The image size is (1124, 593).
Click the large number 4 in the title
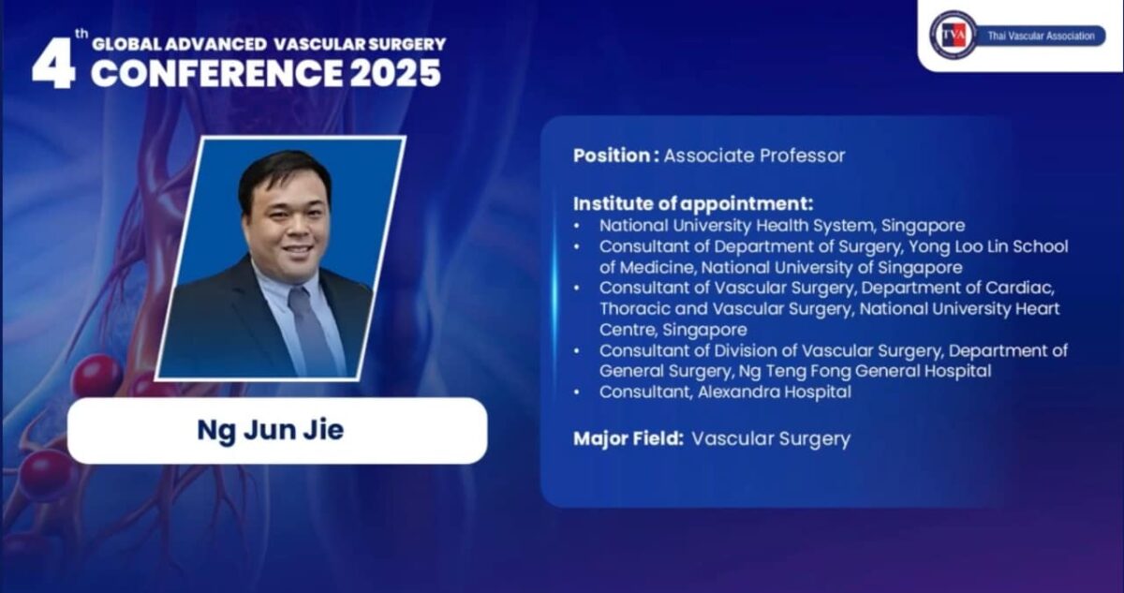click(x=52, y=64)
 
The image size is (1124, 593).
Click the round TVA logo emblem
click(x=953, y=35)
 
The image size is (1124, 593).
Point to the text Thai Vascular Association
click(x=1040, y=36)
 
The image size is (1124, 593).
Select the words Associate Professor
click(x=754, y=156)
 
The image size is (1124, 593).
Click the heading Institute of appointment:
click(x=693, y=203)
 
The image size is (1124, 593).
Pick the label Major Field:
click(x=629, y=437)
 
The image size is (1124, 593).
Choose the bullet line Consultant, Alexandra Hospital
click(x=725, y=393)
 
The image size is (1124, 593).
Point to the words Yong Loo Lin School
click(x=988, y=246)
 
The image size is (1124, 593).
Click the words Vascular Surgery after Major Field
click(x=771, y=437)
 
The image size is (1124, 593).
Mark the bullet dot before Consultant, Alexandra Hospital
click(x=579, y=393)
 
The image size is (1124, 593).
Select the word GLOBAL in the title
click(x=128, y=43)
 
